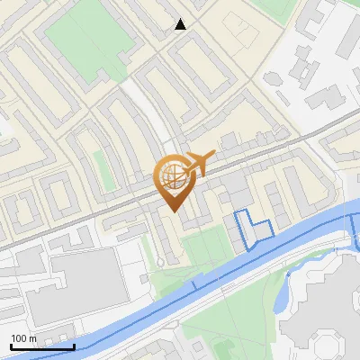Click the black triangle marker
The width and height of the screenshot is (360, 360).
[181, 24]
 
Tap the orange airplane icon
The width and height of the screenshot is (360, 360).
[200, 163]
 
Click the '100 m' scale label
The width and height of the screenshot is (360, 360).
[23, 337]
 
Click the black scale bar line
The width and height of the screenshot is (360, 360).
[42, 346]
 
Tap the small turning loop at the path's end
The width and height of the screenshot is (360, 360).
[159, 263]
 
